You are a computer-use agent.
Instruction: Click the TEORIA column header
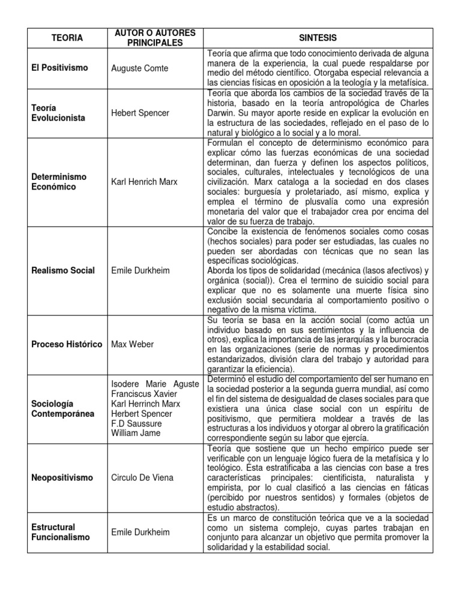(67, 38)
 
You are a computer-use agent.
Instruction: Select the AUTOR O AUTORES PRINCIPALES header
(155, 38)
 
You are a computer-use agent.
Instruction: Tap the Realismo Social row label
(63, 270)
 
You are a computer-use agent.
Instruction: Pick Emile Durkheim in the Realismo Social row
(140, 270)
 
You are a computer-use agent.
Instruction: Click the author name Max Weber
(133, 344)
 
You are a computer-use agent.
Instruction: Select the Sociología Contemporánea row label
(63, 409)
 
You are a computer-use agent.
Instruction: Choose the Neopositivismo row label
(62, 478)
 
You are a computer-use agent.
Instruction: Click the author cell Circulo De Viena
(142, 478)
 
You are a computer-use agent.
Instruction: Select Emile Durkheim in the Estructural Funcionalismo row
(140, 532)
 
